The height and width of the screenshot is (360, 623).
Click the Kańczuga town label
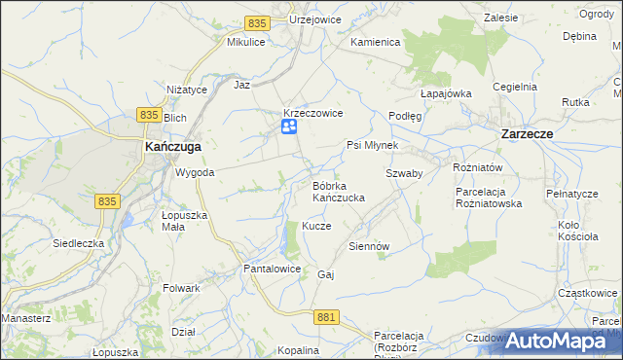pos(172,146)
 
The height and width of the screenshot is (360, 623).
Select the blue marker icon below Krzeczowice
pos(289,128)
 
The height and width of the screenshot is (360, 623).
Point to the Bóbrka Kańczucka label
pos(338,191)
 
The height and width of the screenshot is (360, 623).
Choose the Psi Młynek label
pos(373,145)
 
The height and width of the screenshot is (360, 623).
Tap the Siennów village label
pos(369,246)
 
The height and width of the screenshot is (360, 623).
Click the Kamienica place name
pos(376,43)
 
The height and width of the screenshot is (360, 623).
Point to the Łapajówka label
pos(446,93)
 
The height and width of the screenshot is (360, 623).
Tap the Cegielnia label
pos(515,87)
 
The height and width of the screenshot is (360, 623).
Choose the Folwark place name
pos(182,288)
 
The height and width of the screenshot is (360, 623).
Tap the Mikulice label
pos(246,43)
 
